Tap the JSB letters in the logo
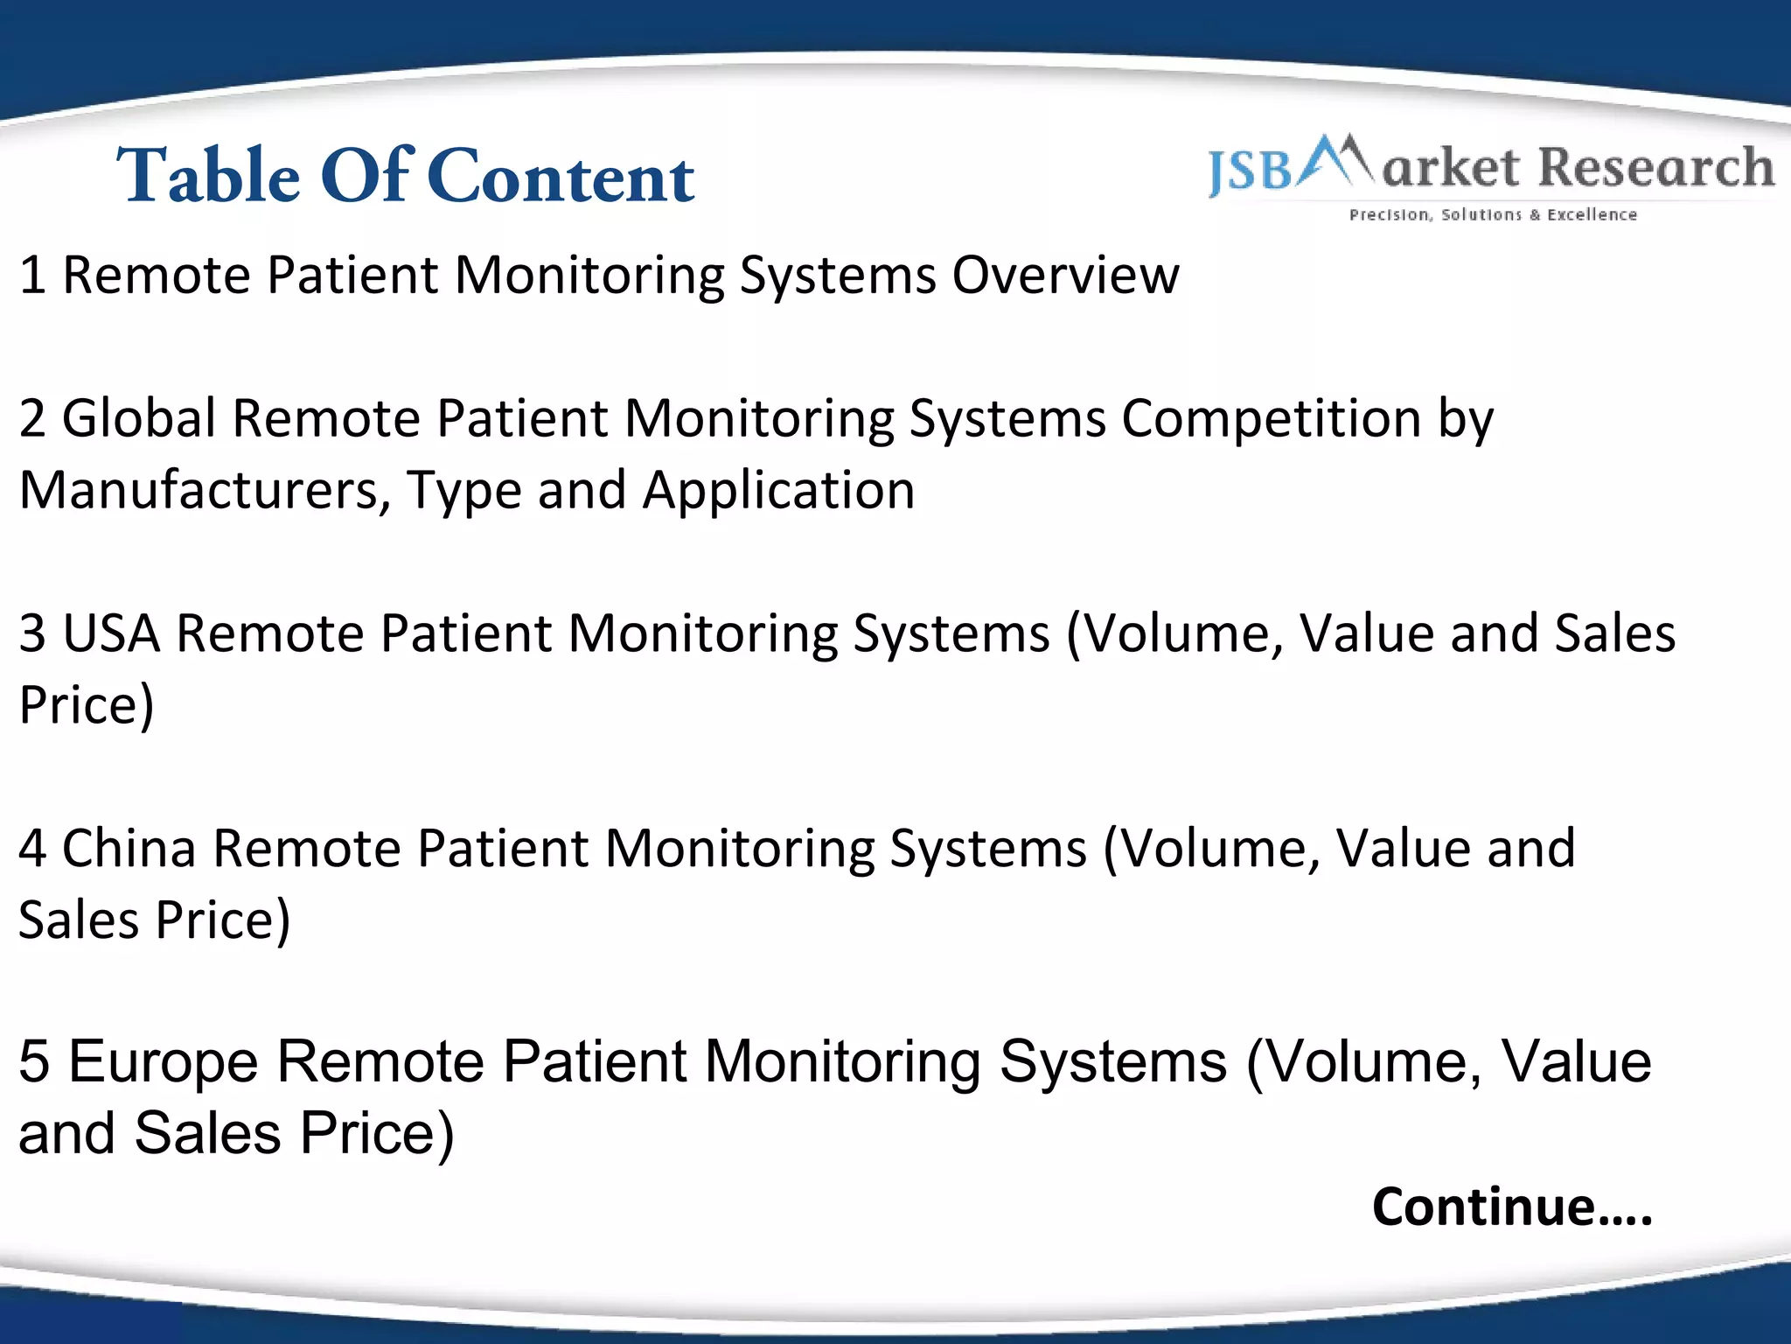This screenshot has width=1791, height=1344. pos(1250,170)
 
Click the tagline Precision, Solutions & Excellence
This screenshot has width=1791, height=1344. pos(1493,214)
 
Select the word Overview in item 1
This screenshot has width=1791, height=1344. pos(1065,276)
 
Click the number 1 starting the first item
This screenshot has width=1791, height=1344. pos(32,276)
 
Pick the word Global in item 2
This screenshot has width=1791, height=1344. pos(138,418)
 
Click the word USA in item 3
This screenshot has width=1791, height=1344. pos(111,633)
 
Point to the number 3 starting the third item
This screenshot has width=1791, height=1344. pos(32,633)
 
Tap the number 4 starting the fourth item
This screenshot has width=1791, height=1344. pos(32,849)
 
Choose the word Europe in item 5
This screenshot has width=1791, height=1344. pos(163,1062)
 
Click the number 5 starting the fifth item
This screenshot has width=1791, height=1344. pos(33,1062)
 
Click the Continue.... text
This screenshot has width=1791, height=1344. pos(1511,1207)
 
